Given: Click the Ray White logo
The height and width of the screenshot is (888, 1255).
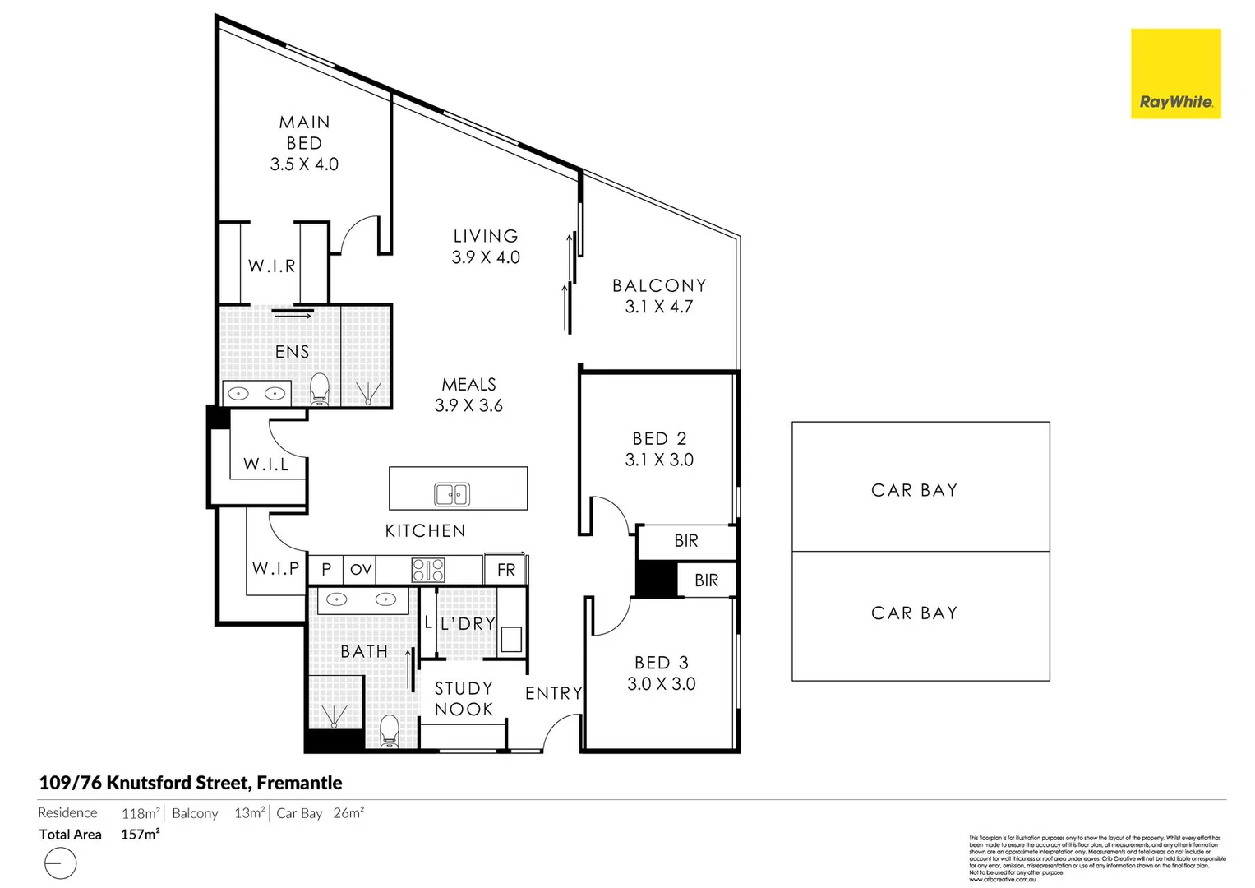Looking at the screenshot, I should pos(1175,74).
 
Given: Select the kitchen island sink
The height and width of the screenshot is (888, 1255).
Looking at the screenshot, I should pos(451,494).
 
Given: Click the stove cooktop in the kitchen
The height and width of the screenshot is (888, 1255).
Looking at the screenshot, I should pos(428,570).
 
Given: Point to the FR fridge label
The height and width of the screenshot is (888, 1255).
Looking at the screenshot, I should pos(506,570).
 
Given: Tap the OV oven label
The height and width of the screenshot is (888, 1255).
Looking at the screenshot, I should pos(361,570).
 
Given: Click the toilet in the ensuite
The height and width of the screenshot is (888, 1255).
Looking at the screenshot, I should pos(320,389).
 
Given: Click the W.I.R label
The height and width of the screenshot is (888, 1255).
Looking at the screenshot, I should pos(271,266).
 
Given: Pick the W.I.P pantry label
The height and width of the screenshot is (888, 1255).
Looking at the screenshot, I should pos(275,568).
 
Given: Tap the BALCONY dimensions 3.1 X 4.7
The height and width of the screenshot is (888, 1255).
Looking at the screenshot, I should pos(659,307).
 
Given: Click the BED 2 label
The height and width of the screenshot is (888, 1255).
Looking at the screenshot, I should pos(659,438).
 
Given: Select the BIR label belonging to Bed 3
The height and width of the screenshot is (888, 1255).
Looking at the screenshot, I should pos(706,580).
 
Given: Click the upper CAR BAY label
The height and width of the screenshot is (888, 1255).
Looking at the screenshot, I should pos(914,490).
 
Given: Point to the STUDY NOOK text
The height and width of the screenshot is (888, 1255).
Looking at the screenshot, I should pos(464,699).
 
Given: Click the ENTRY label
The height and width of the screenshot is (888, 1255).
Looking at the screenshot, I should pos(553,693).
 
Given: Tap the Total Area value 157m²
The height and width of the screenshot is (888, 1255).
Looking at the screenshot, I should pos(141,835).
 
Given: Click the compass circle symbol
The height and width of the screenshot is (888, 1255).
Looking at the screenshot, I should pos(60,863).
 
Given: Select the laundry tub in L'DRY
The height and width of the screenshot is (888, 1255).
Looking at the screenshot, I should pos(511,639).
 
